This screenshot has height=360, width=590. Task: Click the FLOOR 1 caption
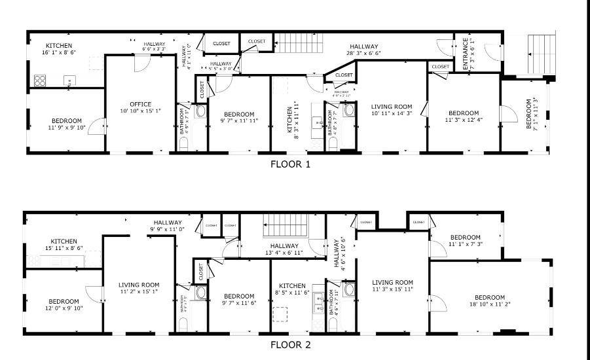tap(290, 164)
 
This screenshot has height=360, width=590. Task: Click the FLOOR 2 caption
tap(290, 344)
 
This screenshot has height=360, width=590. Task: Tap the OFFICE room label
tap(140, 104)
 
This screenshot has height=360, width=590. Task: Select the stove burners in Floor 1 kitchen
tap(40, 81)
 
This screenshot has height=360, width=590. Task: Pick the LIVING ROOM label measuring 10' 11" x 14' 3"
tap(392, 107)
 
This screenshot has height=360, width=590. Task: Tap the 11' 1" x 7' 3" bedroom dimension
tap(466, 244)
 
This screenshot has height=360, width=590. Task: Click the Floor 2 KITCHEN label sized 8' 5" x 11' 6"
tap(291, 286)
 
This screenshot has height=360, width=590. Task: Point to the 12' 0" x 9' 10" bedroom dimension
tap(64, 308)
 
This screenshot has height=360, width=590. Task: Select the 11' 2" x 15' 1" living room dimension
tap(138, 292)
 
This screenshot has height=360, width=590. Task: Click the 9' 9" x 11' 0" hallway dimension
tap(168, 229)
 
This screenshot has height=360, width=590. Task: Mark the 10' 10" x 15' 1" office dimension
tap(140, 111)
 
